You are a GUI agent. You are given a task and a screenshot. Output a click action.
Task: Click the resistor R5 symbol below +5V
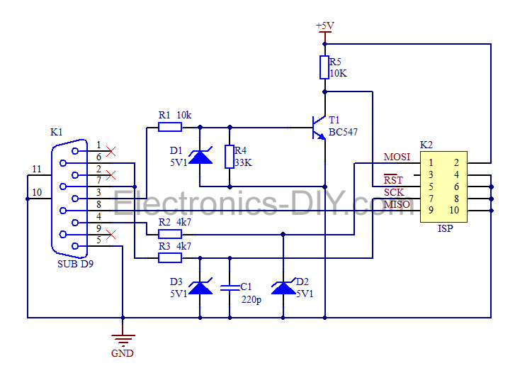(x=324, y=67)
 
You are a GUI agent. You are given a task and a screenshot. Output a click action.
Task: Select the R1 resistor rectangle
(x=169, y=127)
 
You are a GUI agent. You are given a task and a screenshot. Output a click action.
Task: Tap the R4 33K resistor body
(x=229, y=157)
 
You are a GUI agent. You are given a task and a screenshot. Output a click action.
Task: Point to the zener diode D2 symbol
(x=283, y=287)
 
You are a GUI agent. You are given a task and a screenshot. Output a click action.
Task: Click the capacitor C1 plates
(x=230, y=287)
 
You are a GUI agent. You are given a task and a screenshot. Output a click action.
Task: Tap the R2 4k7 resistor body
(x=169, y=233)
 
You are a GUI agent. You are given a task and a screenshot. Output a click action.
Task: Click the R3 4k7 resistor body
(x=169, y=257)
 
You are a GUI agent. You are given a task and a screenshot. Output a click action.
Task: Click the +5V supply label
(x=324, y=26)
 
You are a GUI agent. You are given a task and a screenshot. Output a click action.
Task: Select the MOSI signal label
(x=397, y=157)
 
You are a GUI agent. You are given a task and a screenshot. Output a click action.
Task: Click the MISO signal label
(x=397, y=205)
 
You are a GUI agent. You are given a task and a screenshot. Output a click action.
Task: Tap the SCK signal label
(x=394, y=192)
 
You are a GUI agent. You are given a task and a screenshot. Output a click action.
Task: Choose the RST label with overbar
(x=393, y=180)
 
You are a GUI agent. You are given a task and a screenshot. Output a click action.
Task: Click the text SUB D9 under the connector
(x=75, y=264)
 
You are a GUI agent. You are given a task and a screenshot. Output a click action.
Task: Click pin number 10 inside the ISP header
(x=454, y=210)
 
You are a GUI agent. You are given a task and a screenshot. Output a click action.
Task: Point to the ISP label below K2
(x=445, y=229)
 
